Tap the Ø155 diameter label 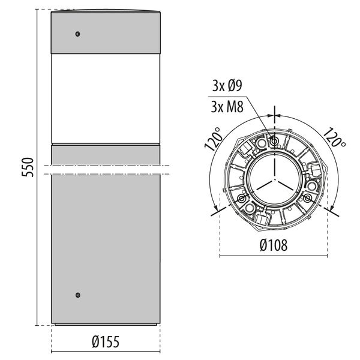106,342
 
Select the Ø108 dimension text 274,245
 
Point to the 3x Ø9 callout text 227,85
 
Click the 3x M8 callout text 227,107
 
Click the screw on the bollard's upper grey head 77,34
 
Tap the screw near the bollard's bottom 77,295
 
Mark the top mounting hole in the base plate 274,142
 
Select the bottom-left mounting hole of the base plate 241,198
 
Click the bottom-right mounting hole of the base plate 307,198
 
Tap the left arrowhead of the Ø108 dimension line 222,256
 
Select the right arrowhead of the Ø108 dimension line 326,256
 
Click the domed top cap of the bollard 106,11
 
